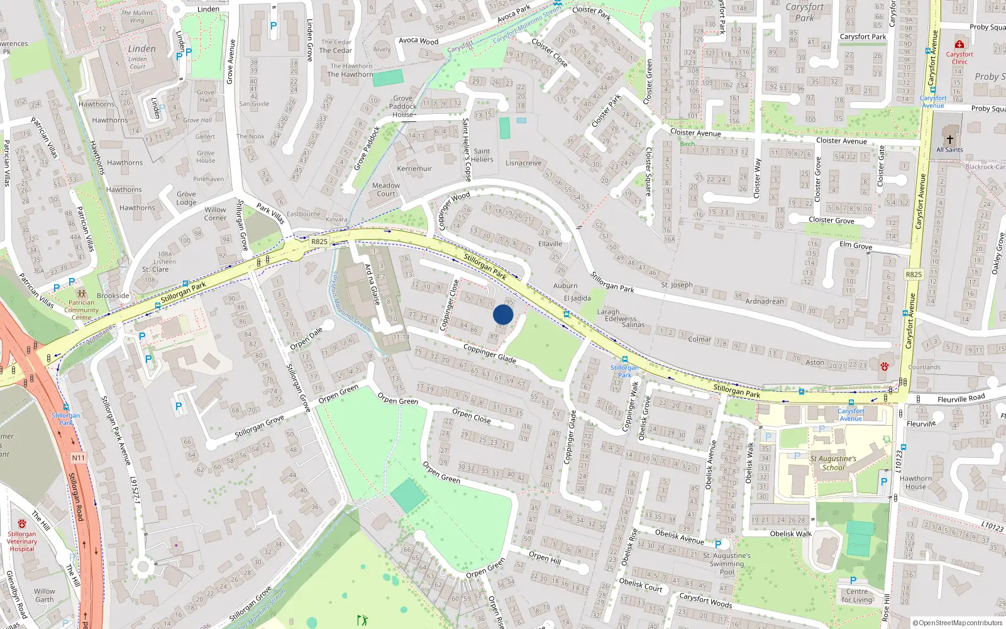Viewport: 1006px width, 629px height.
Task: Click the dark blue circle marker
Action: click(503, 314)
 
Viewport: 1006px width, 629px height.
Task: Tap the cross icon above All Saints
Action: click(949, 140)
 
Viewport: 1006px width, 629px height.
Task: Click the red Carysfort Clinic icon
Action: click(959, 44)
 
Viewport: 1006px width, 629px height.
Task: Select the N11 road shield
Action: click(78, 457)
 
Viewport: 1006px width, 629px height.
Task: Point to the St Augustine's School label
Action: click(833, 463)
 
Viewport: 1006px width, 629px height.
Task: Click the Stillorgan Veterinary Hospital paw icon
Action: click(22, 524)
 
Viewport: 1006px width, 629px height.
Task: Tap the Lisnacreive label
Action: click(523, 163)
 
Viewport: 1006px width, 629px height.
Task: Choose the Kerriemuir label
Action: click(414, 169)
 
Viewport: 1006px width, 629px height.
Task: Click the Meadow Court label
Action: click(386, 189)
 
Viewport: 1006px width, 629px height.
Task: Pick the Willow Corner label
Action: click(215, 214)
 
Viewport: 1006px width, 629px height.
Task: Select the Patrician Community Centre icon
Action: click(81, 294)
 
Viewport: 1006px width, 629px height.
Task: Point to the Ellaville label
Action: click(550, 243)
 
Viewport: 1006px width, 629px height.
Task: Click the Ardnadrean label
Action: click(765, 301)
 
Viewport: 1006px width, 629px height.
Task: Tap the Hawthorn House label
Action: click(915, 482)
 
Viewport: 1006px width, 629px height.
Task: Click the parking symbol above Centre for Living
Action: click(853, 581)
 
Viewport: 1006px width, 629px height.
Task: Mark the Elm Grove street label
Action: click(855, 245)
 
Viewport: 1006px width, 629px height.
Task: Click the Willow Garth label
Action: click(44, 595)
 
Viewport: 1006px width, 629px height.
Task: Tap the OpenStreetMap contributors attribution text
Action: click(957, 623)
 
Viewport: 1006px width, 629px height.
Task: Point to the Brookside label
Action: click(113, 296)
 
